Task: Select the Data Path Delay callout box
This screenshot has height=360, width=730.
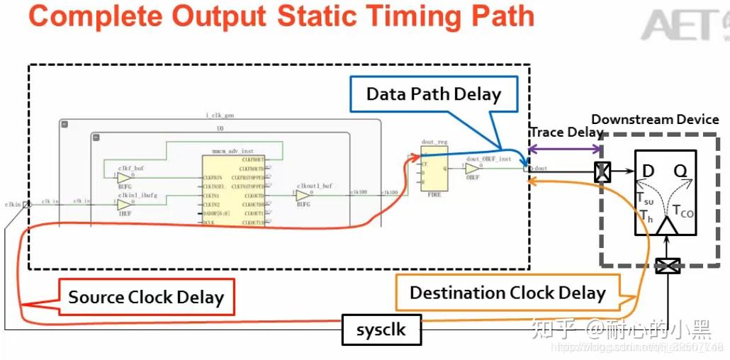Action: pos(433,94)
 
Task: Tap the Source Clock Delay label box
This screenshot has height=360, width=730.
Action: pos(145,298)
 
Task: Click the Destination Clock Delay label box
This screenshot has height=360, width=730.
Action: pos(507,293)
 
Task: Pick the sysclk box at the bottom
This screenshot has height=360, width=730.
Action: pos(381,330)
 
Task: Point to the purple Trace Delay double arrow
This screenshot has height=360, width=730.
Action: pos(564,149)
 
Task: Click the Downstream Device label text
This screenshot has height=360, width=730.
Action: pos(655,120)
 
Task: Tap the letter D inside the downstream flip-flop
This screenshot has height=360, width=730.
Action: pos(648,171)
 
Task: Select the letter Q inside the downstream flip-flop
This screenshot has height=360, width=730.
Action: pos(680,171)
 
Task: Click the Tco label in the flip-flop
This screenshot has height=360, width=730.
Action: pos(683,210)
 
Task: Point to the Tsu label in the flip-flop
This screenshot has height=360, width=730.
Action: pos(644,200)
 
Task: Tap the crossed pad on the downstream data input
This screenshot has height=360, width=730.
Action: pos(602,171)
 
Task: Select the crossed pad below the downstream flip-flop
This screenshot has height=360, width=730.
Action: pos(667,266)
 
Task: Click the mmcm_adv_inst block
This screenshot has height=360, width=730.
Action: pos(233,191)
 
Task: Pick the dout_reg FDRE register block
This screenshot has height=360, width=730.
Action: pos(434,171)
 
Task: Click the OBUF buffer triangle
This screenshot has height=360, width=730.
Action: pos(472,169)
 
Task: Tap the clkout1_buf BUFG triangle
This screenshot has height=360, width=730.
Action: pos(303,196)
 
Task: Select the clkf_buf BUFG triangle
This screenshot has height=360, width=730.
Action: pos(124,177)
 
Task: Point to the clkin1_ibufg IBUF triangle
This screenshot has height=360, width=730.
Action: pos(124,204)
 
